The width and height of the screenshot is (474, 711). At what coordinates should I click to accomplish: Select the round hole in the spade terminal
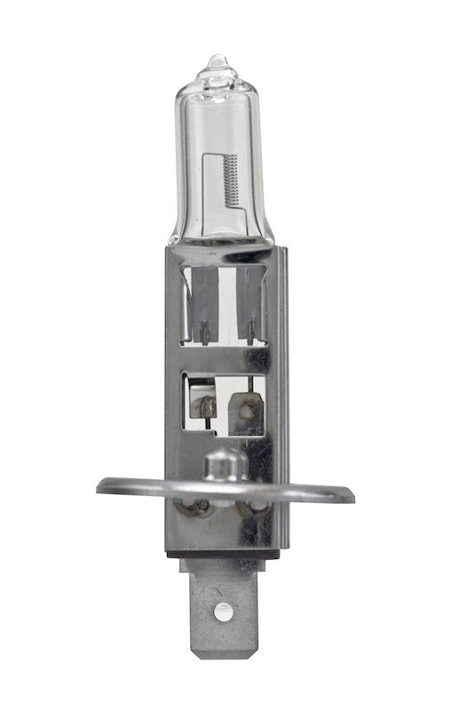(x=224, y=611)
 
